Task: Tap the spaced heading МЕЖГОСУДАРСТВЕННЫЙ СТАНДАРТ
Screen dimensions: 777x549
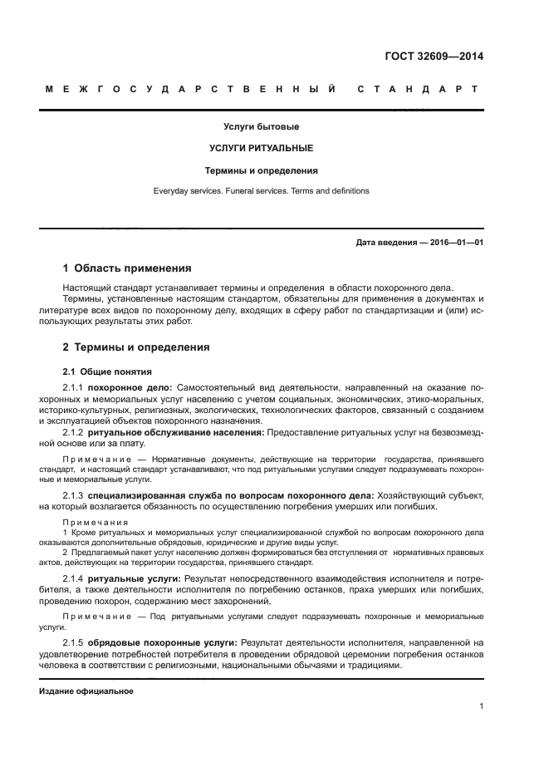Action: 261,89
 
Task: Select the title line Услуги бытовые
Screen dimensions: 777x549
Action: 261,127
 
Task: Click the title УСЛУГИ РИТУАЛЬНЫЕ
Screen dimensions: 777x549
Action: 261,149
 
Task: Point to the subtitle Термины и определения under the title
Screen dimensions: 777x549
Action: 261,170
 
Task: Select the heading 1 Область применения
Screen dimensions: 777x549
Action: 127,268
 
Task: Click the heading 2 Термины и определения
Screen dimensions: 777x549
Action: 136,347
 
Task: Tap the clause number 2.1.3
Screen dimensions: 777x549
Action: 74,495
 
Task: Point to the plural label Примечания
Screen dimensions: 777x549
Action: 92,522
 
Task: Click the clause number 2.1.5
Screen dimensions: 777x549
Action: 74,642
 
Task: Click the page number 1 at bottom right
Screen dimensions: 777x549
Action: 481,706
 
